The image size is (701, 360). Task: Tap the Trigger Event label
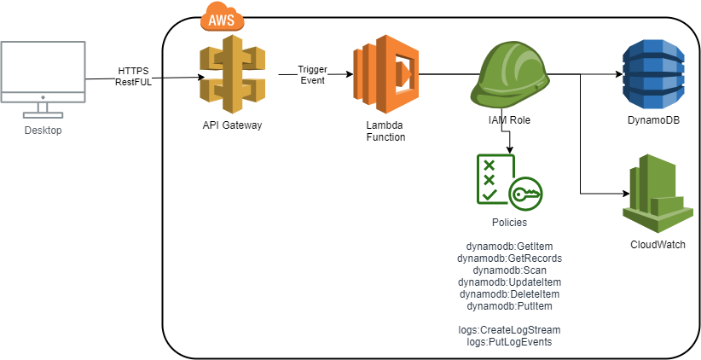click(312, 74)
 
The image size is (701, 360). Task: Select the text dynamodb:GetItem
click(510, 246)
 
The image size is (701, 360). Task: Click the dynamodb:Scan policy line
click(510, 270)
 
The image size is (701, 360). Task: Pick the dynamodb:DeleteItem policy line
click(510, 293)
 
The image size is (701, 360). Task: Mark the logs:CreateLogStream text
click(510, 329)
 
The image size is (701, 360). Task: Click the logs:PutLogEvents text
click(510, 341)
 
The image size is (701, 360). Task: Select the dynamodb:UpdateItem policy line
click(510, 282)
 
